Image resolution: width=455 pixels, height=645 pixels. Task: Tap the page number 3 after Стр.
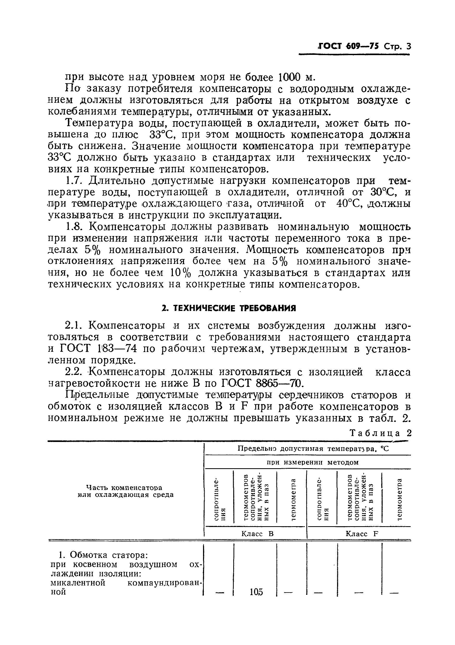tap(408, 46)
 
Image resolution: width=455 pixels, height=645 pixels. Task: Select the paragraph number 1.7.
tap(73, 181)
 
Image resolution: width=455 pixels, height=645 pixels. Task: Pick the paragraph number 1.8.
tap(74, 227)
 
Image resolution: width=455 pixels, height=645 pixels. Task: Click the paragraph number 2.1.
tap(73, 325)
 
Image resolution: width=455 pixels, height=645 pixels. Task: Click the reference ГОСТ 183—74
tap(99, 349)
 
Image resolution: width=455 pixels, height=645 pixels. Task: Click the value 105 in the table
tap(256, 592)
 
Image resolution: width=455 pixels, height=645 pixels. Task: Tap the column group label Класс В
tap(257, 533)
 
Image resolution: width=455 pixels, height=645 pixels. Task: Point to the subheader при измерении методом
tap(312, 462)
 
